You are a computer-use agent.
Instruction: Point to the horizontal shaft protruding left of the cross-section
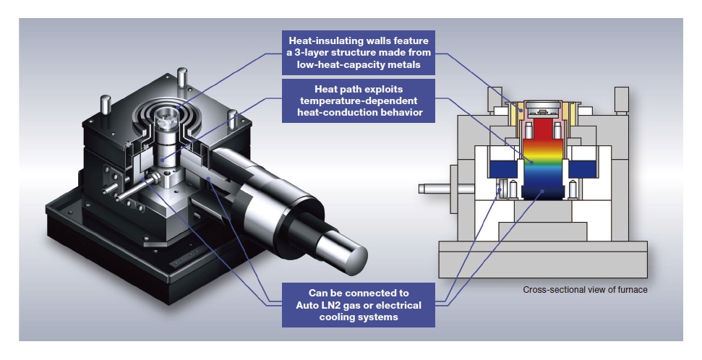tap(435, 189)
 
